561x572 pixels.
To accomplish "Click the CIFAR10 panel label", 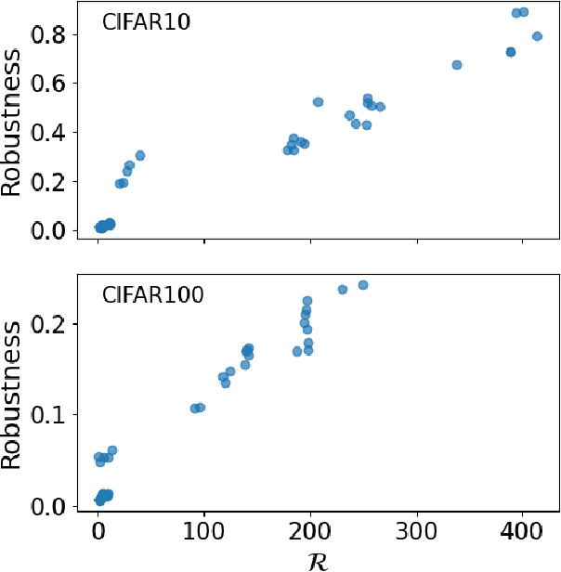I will click(146, 23).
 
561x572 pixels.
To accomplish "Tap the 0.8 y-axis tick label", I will click(55, 34).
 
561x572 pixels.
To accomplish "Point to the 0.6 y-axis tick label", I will click(55, 84).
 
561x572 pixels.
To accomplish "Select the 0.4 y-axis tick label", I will click(55, 133).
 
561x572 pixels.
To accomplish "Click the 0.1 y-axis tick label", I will click(55, 414).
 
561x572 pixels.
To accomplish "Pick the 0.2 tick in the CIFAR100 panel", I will click(55, 324).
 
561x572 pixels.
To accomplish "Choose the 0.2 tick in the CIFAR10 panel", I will click(55, 182).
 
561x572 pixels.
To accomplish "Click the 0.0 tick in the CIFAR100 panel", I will click(55, 506).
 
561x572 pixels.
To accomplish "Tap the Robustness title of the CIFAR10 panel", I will click(13, 123).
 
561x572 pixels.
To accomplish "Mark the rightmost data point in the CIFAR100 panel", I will click(363, 285).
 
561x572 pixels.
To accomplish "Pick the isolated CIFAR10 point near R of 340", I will click(457, 65).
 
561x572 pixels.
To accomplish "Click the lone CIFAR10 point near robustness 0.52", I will click(318, 102).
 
